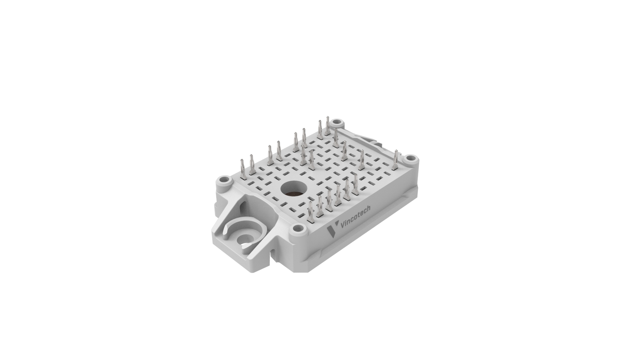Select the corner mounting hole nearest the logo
[297, 229]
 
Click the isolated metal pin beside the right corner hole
[396, 160]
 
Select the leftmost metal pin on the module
[243, 170]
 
